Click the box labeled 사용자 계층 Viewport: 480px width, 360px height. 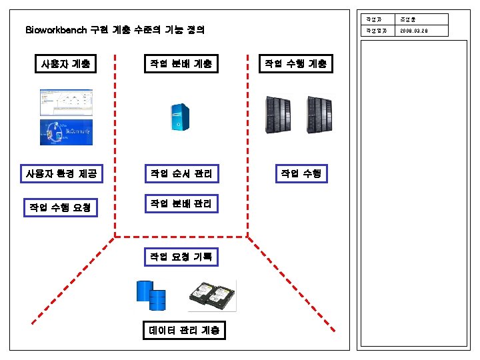[65, 64]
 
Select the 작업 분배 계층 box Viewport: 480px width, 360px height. [181, 64]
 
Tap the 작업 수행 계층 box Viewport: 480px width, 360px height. [295, 64]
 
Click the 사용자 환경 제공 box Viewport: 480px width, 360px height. [61, 175]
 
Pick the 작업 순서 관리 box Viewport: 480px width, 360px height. [181, 175]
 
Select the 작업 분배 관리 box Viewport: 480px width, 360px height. [181, 203]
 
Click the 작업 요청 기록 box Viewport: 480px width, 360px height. [181, 257]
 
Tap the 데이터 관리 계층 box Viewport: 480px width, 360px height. [183, 331]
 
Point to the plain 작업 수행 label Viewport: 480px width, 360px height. [301, 174]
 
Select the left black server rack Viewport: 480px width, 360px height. [278, 114]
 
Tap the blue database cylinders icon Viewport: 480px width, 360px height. [151, 295]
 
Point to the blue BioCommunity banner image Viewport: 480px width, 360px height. [65, 131]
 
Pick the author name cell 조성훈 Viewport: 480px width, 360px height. [408, 19]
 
